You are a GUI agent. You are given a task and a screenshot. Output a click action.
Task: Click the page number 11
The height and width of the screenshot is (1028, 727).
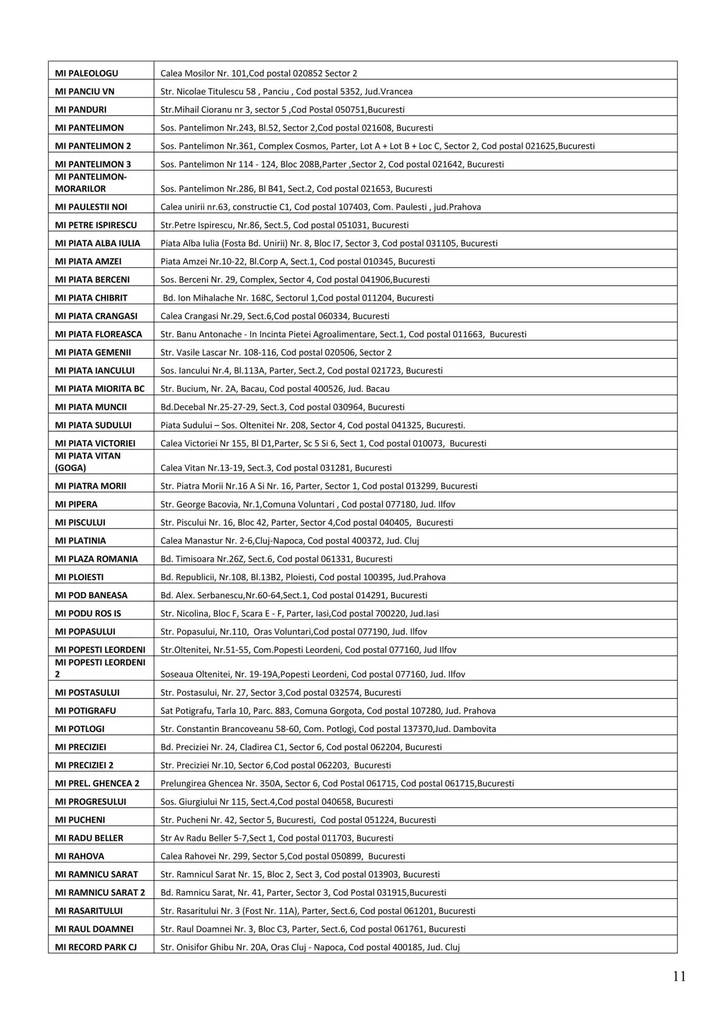click(679, 977)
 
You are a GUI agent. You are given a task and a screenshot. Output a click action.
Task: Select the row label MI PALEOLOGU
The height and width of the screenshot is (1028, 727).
click(86, 74)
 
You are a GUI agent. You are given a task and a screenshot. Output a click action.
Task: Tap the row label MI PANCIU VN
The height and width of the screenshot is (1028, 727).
click(85, 91)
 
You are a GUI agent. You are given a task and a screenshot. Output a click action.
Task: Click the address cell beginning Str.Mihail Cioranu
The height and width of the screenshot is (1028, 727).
click(282, 110)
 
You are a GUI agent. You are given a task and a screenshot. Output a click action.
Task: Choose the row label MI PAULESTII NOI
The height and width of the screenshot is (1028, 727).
click(91, 207)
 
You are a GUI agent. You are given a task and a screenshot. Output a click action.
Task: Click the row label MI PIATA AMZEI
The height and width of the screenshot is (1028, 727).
click(88, 262)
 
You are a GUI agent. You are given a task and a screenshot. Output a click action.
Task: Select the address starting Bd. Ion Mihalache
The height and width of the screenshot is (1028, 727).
click(298, 298)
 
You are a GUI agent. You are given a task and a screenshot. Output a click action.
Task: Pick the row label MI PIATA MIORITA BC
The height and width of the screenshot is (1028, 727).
click(100, 389)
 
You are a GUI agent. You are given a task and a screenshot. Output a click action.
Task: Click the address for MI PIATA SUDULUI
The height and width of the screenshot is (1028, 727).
click(313, 426)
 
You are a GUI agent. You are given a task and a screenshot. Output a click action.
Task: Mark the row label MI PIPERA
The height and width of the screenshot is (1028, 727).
click(76, 505)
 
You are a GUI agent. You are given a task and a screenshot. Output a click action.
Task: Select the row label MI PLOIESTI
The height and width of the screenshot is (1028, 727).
click(79, 577)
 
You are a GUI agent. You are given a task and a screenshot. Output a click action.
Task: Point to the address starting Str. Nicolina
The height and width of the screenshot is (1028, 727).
click(299, 614)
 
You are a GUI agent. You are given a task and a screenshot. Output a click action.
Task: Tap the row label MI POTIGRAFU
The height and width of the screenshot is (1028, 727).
click(85, 711)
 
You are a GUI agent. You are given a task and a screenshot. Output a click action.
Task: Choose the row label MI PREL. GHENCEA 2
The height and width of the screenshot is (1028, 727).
click(97, 783)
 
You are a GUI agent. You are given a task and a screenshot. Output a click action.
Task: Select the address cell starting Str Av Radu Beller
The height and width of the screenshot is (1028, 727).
click(277, 838)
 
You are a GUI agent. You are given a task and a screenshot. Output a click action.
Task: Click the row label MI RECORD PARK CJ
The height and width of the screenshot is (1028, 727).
click(96, 947)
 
